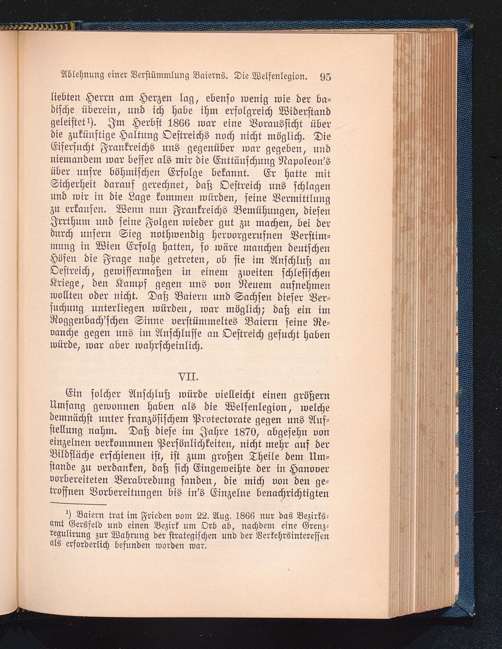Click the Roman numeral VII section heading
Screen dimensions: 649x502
point(189,377)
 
